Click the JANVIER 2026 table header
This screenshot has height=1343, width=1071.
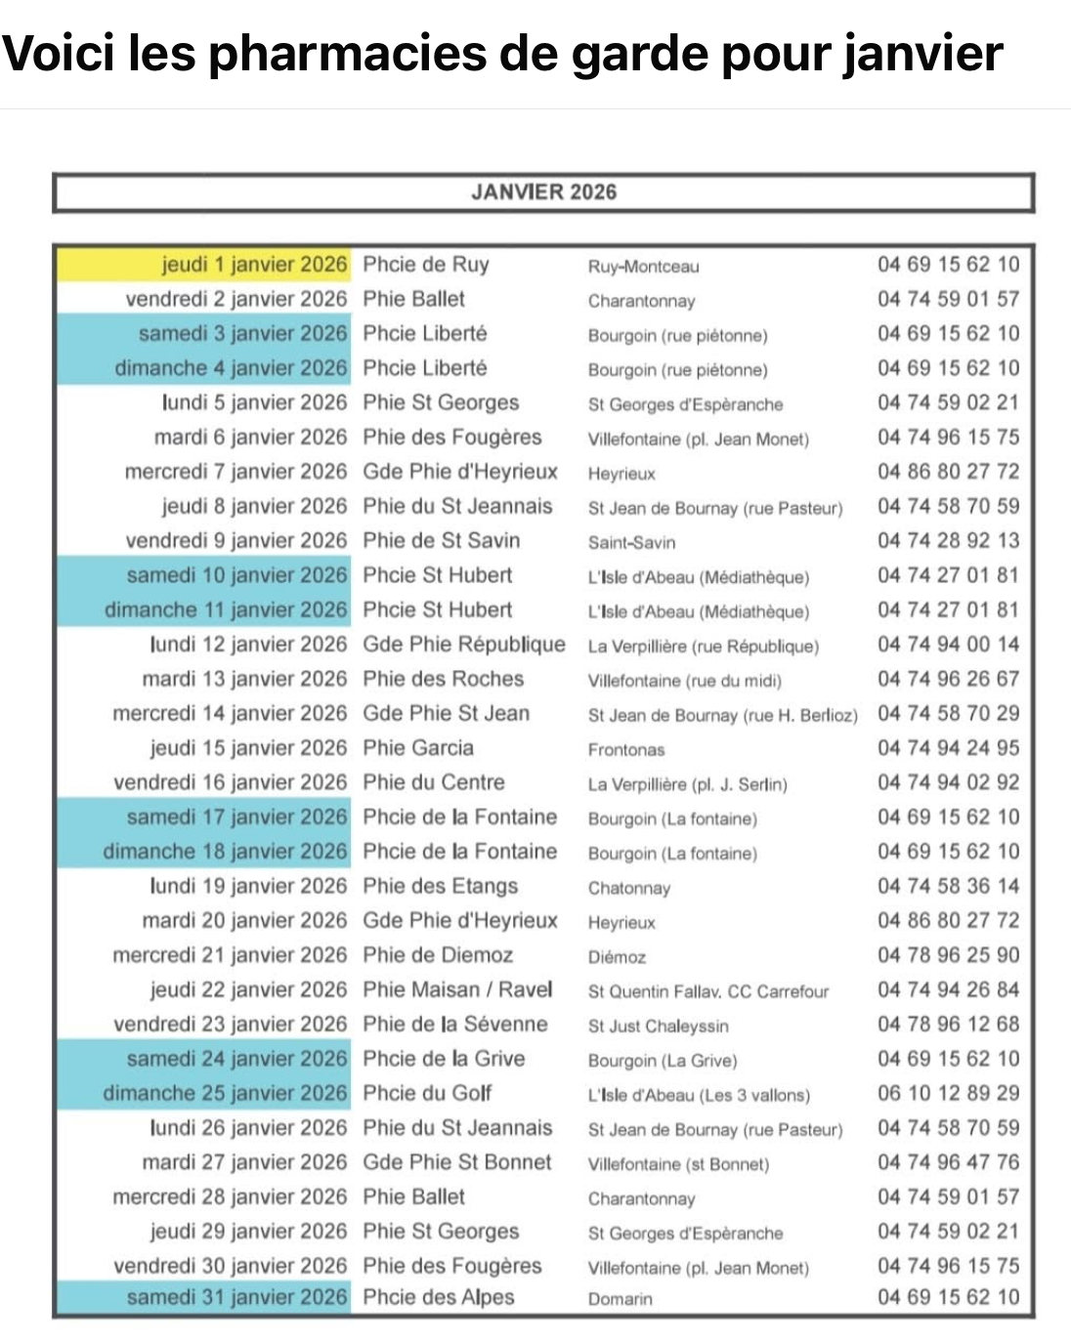(x=543, y=191)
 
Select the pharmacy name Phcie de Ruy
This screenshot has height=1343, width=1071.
(x=426, y=265)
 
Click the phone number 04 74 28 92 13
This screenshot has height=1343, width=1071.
(x=948, y=541)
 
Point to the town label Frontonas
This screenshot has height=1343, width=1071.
(x=626, y=750)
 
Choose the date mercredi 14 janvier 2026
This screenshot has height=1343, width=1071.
(x=230, y=714)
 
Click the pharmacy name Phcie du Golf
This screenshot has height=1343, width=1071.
(x=427, y=1093)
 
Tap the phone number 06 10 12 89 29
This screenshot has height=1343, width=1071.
(x=948, y=1093)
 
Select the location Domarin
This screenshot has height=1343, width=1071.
(x=621, y=1299)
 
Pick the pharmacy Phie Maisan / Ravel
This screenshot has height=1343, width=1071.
(x=457, y=989)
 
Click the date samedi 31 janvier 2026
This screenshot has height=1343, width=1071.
(x=236, y=1297)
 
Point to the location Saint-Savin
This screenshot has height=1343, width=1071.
(x=631, y=542)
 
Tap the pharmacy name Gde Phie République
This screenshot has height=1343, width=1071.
(x=464, y=645)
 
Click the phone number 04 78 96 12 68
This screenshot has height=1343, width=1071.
(x=948, y=1025)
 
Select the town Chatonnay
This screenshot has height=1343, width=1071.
(x=629, y=889)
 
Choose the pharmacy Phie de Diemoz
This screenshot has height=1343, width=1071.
(x=438, y=955)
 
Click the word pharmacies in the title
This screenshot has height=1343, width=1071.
(x=348, y=53)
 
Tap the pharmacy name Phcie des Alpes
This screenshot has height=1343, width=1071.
(x=439, y=1297)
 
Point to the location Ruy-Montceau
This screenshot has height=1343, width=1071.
(x=644, y=267)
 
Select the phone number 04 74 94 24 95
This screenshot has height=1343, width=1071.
(x=948, y=748)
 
